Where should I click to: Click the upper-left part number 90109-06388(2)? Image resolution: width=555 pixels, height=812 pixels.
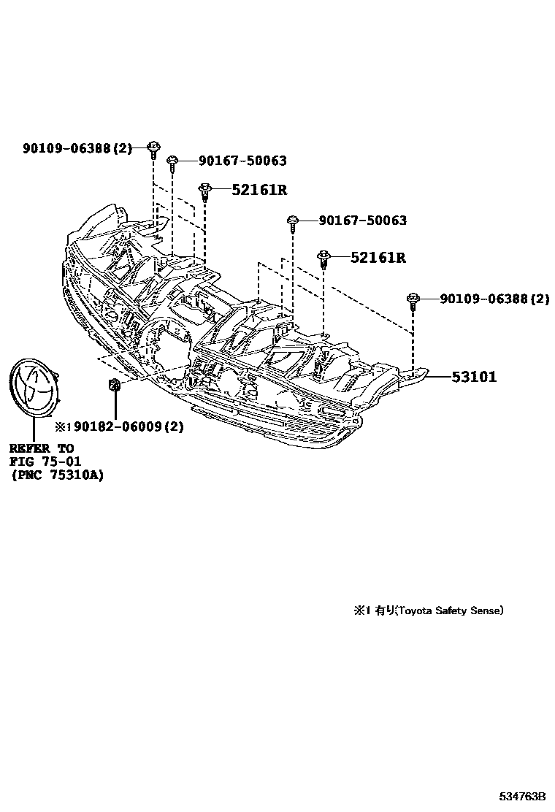77,148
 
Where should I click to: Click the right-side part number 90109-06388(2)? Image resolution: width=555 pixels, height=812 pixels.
494,299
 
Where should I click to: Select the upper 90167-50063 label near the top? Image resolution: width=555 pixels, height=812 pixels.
232,161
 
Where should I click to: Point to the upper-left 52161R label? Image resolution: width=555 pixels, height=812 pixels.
259,190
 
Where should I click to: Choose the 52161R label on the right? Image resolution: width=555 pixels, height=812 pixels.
378,258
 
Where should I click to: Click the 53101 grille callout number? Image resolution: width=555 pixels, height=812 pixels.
473,377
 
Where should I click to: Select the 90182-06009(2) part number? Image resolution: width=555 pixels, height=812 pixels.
123,426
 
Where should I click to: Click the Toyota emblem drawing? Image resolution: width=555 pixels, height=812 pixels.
34,389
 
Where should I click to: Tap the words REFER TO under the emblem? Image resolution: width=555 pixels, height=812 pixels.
42,448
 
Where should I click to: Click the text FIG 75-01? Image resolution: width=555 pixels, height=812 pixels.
45,461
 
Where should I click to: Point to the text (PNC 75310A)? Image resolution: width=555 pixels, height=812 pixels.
56,475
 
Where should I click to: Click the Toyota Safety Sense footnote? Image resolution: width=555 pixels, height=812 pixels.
429,610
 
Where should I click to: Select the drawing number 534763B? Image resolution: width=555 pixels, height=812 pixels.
522,795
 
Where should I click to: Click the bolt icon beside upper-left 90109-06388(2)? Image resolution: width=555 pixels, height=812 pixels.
153,149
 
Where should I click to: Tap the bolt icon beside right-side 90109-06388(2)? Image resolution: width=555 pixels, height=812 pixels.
413,300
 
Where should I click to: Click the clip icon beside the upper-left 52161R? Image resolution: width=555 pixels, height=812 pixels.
205,191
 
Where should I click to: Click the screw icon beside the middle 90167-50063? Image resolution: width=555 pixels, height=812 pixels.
292,222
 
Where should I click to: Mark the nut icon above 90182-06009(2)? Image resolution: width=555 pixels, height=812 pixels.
115,385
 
